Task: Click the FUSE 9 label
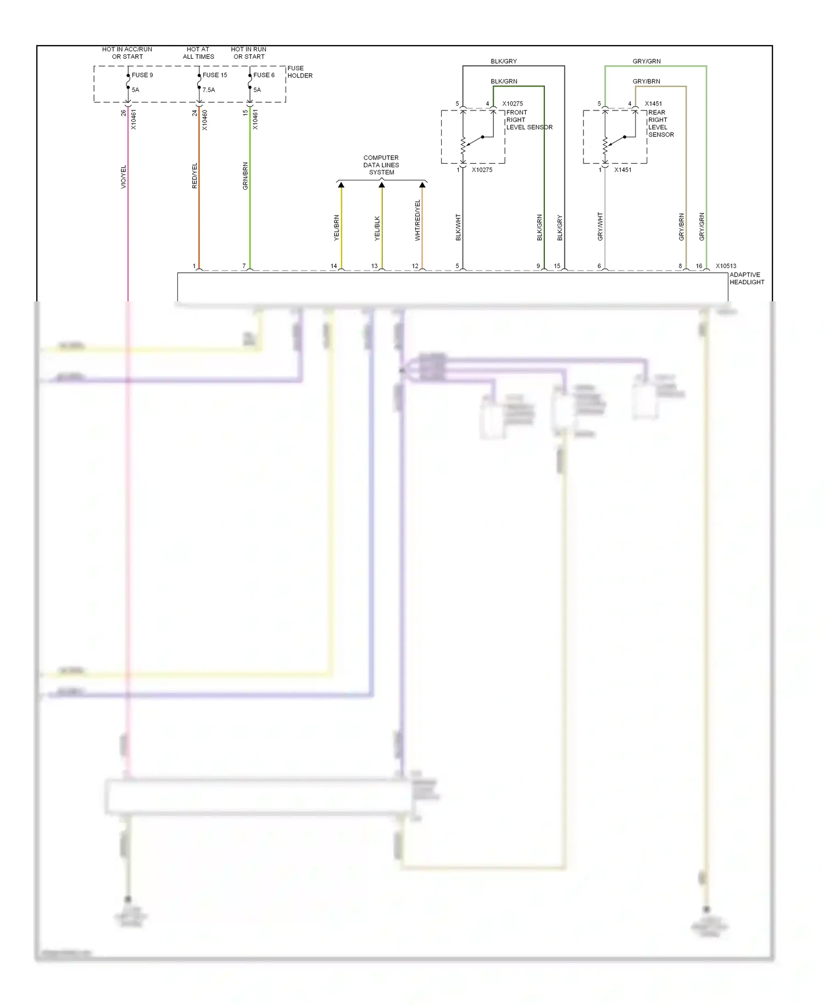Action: (x=142, y=75)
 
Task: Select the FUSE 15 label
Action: (x=215, y=75)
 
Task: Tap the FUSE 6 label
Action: (x=264, y=75)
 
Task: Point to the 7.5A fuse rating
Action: (x=209, y=90)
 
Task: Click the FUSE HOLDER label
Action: (x=300, y=72)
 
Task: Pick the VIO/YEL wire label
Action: (x=124, y=177)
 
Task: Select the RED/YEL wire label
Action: (x=194, y=176)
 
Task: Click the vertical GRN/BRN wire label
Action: (x=246, y=176)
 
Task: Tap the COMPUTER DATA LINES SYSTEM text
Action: (x=381, y=165)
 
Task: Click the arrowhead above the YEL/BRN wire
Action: (x=341, y=185)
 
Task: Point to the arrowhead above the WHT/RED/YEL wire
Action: (x=422, y=185)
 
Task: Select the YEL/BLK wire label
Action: (x=377, y=228)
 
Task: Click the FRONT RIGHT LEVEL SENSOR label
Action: (x=529, y=120)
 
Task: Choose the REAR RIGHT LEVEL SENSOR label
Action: (x=661, y=124)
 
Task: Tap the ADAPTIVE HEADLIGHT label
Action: (x=747, y=279)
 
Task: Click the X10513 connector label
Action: (x=726, y=266)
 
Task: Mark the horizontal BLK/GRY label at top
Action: (x=504, y=62)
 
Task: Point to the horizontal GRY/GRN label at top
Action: (x=647, y=62)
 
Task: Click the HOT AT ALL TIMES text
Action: (x=198, y=53)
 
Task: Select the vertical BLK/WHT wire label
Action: (x=458, y=228)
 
